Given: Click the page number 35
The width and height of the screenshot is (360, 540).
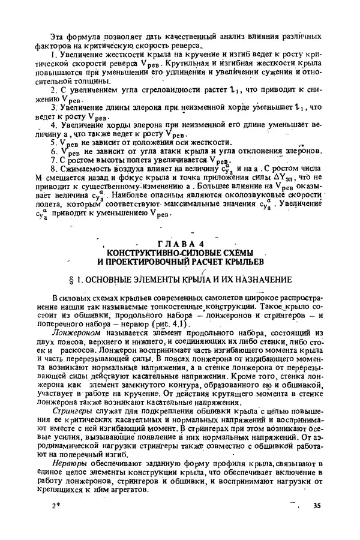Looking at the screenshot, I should point(316,506).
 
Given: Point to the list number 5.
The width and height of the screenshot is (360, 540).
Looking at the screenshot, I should point(54,142).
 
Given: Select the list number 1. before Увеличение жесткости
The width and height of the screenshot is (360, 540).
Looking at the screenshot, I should point(54,56).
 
